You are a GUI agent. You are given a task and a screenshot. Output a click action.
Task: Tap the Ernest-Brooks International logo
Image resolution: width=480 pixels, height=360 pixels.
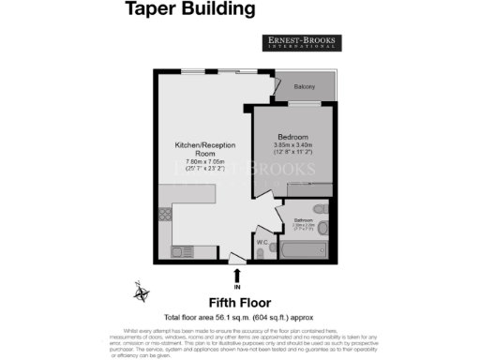point(301,42)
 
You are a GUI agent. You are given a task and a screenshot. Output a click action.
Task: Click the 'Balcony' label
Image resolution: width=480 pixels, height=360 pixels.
point(304,86)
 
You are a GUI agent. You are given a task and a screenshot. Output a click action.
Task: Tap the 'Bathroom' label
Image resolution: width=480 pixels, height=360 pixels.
point(305,221)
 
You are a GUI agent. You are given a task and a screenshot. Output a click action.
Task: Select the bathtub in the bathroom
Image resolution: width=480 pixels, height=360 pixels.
point(303,249)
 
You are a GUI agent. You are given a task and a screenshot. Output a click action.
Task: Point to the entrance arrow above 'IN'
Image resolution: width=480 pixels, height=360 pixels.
point(236,273)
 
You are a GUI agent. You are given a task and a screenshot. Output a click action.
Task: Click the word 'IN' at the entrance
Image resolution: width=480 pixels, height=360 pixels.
point(236,285)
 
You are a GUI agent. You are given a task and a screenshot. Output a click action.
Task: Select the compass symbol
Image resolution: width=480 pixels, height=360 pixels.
point(142,293)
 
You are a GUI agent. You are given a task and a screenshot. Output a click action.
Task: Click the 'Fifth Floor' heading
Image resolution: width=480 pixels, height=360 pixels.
point(239,303)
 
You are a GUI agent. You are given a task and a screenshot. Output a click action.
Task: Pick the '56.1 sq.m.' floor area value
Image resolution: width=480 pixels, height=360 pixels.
point(240,317)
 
